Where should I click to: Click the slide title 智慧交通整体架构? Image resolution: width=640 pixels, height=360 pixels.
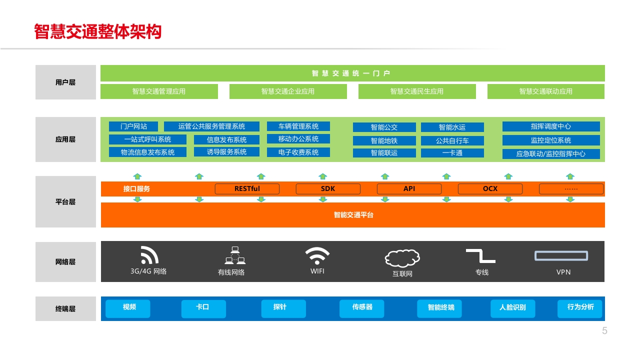pyautogui.click(x=97, y=31)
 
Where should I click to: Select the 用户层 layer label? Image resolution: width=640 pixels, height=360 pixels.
pyautogui.click(x=65, y=82)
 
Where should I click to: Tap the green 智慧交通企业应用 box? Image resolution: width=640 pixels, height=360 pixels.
pyautogui.click(x=288, y=91)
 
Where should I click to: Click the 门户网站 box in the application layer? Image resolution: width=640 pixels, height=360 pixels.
pyautogui.click(x=133, y=126)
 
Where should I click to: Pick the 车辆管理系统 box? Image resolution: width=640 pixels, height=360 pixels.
pyautogui.click(x=298, y=126)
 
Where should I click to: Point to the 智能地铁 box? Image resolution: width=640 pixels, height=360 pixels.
pyautogui.click(x=384, y=140)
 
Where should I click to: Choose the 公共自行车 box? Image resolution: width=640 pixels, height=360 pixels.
pyautogui.click(x=452, y=140)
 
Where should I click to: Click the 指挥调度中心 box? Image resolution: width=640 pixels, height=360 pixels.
pyautogui.click(x=551, y=126)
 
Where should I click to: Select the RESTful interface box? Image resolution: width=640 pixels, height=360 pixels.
pyautogui.click(x=247, y=189)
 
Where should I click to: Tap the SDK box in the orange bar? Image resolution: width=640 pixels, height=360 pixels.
pyautogui.click(x=328, y=189)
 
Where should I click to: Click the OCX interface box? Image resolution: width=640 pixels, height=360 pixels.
pyautogui.click(x=490, y=189)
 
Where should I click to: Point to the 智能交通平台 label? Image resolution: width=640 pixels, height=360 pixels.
pyautogui.click(x=353, y=215)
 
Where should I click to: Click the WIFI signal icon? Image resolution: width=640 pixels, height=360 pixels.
pyautogui.click(x=317, y=256)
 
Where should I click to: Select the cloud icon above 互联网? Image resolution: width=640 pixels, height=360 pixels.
pyautogui.click(x=402, y=258)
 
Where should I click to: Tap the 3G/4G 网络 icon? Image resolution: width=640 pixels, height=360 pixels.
pyautogui.click(x=149, y=255)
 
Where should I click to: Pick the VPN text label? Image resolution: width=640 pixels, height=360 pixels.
pyautogui.click(x=563, y=272)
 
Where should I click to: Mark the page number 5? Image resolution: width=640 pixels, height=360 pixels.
pyautogui.click(x=604, y=330)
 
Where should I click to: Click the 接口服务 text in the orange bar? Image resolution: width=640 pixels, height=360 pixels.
pyautogui.click(x=136, y=189)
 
